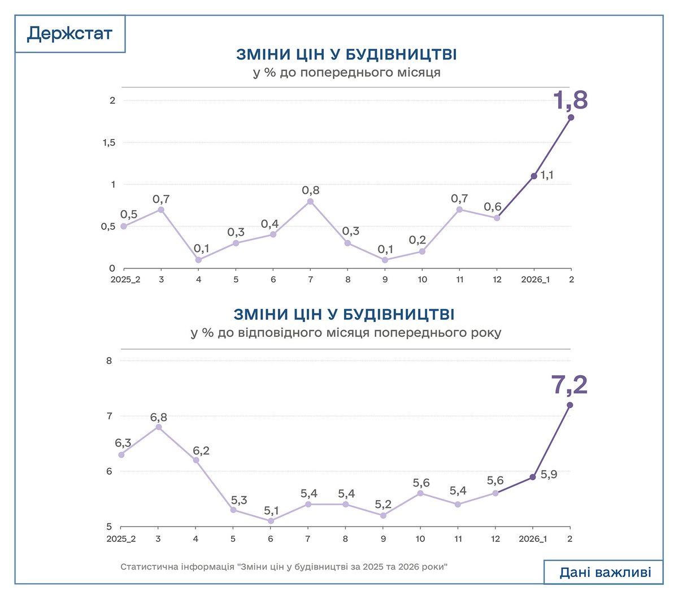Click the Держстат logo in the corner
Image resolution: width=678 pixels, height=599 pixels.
69,34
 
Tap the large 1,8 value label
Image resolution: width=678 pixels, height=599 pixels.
570,101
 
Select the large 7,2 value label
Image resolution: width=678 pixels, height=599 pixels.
569,385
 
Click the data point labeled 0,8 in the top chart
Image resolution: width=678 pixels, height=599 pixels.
310,201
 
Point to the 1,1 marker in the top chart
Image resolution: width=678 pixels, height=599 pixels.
534,176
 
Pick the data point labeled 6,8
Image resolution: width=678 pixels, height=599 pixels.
159,427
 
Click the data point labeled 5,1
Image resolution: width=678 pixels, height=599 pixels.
271,521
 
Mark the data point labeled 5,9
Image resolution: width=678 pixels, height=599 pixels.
533,477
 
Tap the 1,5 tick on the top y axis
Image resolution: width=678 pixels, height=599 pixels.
108,142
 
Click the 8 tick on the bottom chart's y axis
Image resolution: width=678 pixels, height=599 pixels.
110,361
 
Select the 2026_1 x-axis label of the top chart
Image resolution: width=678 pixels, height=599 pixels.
534,280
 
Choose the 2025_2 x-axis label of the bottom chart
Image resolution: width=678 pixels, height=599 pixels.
121,539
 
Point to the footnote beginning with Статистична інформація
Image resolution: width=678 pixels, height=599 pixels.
284,566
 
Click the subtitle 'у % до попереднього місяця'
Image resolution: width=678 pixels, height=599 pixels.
346,73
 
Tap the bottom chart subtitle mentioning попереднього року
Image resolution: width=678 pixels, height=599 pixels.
346,332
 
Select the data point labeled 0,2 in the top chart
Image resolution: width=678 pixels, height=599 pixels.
422,251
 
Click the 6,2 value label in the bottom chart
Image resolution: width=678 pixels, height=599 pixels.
201,450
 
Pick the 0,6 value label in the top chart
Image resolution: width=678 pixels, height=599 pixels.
492,207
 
